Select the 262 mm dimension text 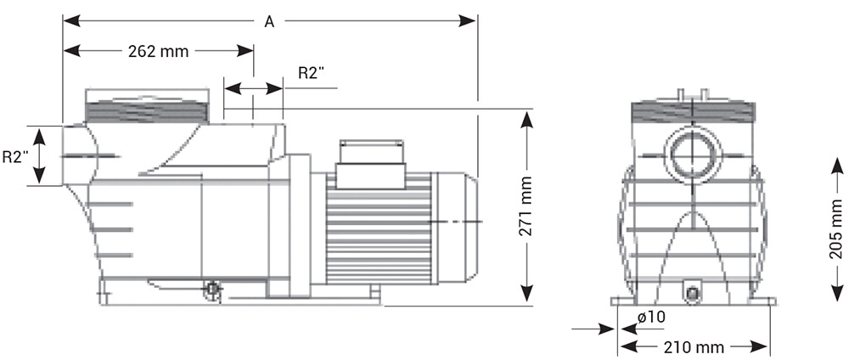157,51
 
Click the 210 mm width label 694,346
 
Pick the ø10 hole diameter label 649,318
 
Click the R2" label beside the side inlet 15,156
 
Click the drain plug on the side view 211,291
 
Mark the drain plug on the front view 693,295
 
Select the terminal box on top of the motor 372,164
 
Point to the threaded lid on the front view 693,114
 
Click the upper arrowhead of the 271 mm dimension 527,120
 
